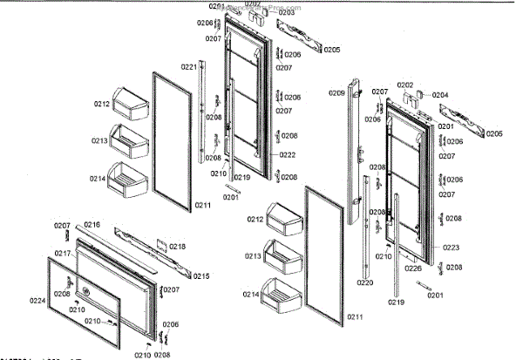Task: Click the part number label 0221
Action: (x=189, y=67)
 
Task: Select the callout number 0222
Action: (x=289, y=155)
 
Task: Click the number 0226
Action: (x=414, y=268)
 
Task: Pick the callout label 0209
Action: (x=336, y=92)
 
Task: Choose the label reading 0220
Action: (x=364, y=282)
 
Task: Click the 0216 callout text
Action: (x=92, y=225)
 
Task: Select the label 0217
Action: (x=62, y=254)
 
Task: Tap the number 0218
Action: (x=177, y=247)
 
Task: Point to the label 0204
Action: (x=440, y=94)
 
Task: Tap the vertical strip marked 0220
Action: (x=366, y=227)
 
